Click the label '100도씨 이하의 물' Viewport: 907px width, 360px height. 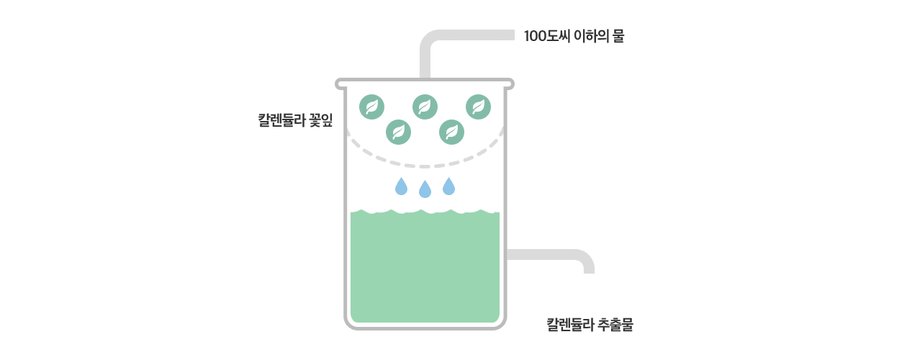pos(574,36)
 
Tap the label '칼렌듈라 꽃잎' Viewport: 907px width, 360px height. pos(295,120)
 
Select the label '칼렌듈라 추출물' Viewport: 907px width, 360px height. pos(590,325)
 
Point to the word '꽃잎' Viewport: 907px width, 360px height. pos(321,120)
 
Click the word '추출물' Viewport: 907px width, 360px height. pos(615,325)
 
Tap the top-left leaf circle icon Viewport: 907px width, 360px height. pos(371,107)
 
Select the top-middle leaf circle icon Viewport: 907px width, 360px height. pos(425,107)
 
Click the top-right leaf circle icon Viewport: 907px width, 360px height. pos(478,107)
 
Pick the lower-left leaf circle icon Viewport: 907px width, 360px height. pos(399,132)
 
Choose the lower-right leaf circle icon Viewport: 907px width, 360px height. pos(451,132)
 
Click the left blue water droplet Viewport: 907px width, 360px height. pos(401,186)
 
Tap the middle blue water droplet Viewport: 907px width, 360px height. pos(425,189)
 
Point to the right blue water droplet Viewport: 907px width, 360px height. pos(448,186)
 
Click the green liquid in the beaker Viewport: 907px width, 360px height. pos(425,267)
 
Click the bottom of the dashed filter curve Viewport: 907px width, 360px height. pos(425,166)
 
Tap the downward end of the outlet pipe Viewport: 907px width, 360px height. pos(589,272)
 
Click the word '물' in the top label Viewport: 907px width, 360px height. pos(618,36)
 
